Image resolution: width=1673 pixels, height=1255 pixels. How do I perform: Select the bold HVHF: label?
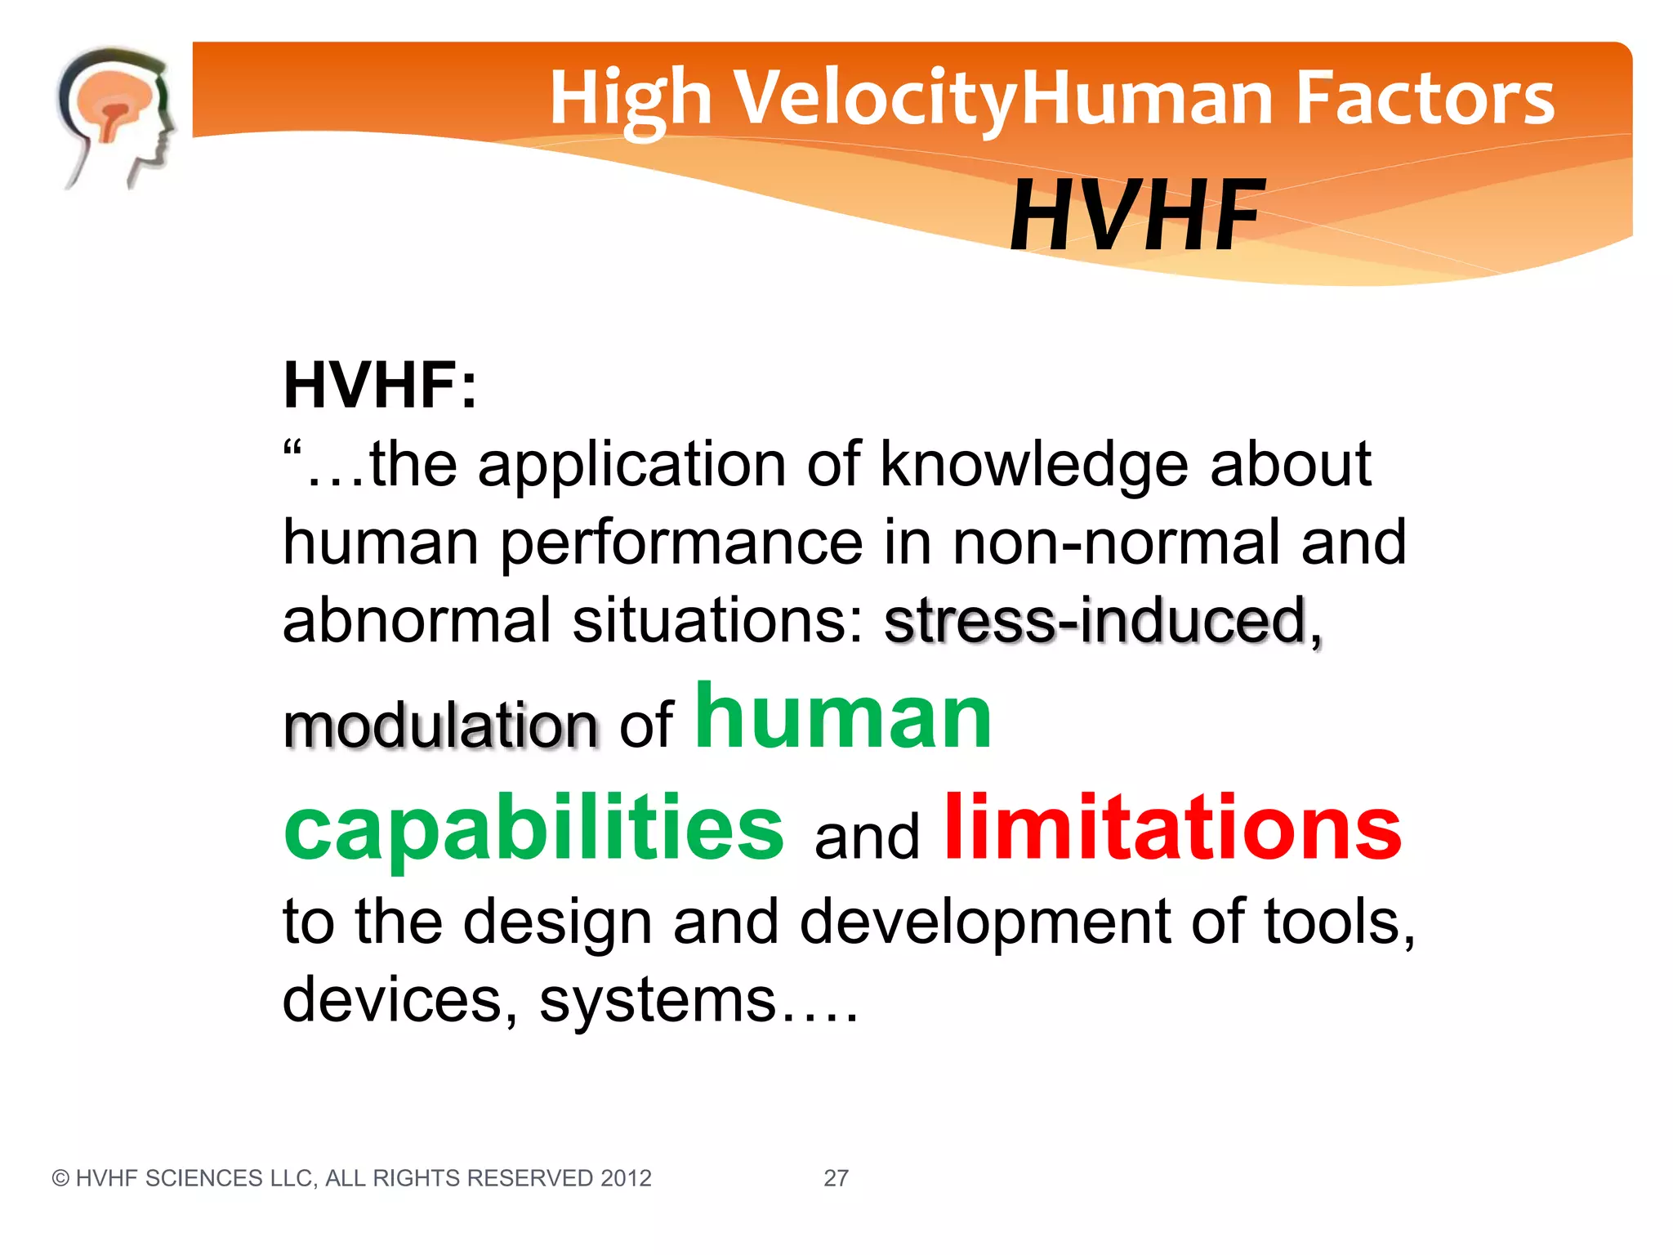click(380, 386)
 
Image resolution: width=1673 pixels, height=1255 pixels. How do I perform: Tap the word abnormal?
click(417, 621)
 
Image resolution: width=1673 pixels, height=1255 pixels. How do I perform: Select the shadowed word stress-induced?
click(1096, 621)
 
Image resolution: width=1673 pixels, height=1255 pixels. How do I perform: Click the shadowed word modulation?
click(439, 726)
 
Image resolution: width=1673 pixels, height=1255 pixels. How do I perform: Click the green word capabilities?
click(533, 829)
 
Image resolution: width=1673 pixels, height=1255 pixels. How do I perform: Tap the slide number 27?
click(836, 1178)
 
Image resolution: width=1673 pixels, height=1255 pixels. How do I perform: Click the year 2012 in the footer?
click(626, 1178)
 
